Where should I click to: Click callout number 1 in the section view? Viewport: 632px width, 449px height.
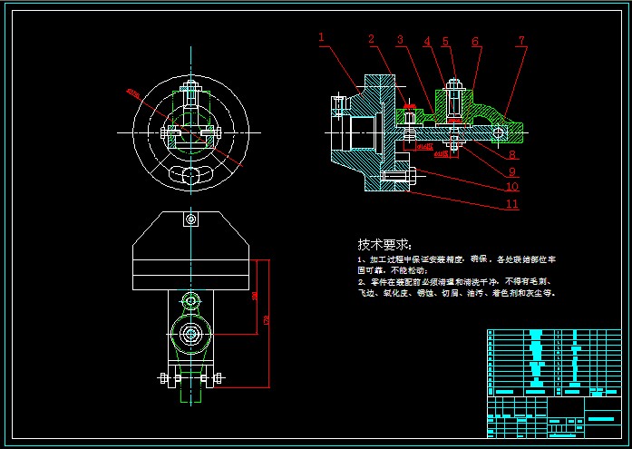click(322, 37)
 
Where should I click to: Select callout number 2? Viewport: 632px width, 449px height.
click(372, 39)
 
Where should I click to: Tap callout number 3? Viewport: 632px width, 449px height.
click(400, 40)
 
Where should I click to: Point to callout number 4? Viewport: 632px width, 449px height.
click(426, 41)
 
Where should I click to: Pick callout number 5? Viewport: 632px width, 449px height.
click(445, 42)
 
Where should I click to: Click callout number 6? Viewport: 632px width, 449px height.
click(475, 42)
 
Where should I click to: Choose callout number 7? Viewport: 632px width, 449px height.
click(521, 41)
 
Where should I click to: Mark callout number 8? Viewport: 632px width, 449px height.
click(512, 155)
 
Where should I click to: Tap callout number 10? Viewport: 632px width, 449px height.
click(512, 188)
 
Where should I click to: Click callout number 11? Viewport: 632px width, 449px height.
click(512, 204)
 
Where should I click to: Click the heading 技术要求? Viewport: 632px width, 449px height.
click(384, 245)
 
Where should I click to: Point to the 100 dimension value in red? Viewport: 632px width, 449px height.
click(255, 296)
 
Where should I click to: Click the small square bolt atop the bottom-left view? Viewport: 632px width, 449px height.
click(190, 220)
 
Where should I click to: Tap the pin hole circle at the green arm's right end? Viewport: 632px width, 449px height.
click(498, 133)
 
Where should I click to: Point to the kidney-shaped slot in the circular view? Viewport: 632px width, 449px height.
click(190, 174)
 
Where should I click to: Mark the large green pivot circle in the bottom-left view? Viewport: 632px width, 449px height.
click(190, 334)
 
